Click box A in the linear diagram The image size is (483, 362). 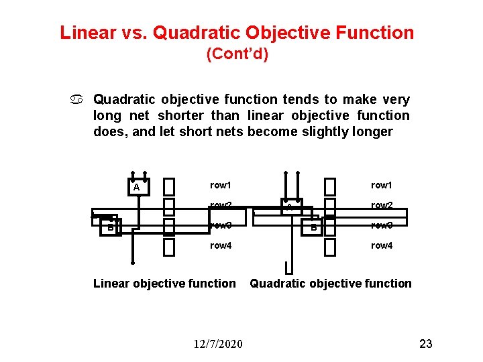tap(137, 187)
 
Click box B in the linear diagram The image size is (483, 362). tap(109, 226)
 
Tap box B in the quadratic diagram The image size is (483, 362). tap(312, 227)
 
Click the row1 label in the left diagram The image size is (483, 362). tap(220, 185)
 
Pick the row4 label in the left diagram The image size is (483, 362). tap(220, 246)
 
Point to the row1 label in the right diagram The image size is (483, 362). tap(382, 185)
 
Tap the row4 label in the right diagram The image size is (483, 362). tap(382, 246)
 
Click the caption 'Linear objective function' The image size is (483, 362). tap(164, 284)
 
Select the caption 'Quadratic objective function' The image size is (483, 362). tap(331, 284)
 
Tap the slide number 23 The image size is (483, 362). tap(426, 344)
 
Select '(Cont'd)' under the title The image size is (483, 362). tap(237, 54)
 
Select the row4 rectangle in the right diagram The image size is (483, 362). tap(330, 247)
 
